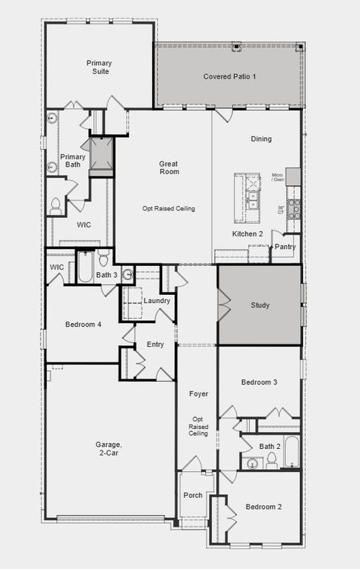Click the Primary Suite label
(x=99, y=67)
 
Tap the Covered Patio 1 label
(x=230, y=76)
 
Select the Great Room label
(x=169, y=167)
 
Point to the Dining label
(x=261, y=139)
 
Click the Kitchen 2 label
(x=247, y=233)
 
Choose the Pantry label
(x=285, y=246)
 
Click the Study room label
(x=259, y=305)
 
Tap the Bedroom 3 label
(x=259, y=382)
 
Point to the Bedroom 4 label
(x=84, y=325)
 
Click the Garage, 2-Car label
(x=108, y=449)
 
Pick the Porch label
(x=193, y=496)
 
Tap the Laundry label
(x=157, y=300)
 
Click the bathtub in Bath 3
(x=85, y=268)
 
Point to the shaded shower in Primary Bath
(x=101, y=156)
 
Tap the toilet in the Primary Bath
(x=56, y=207)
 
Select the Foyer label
(x=198, y=393)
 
